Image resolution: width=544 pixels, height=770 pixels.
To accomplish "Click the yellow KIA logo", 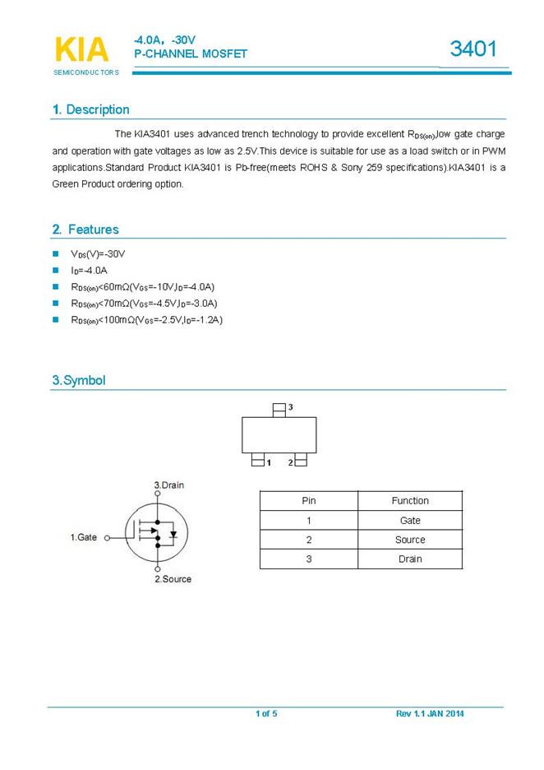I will click(x=81, y=49).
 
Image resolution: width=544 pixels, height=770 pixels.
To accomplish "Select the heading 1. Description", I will click(x=90, y=109).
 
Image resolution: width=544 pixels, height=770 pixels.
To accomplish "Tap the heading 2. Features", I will click(x=85, y=230).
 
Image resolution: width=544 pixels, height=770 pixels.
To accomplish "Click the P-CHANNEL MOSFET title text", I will click(x=190, y=53).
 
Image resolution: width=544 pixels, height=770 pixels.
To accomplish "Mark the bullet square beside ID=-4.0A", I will click(x=56, y=270).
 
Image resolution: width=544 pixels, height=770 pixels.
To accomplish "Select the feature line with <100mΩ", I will click(x=146, y=319).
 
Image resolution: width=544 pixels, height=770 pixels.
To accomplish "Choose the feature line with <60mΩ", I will click(x=142, y=286).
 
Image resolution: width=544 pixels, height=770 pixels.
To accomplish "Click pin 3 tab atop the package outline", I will click(x=279, y=407).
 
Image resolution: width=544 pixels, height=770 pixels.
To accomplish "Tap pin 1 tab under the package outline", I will click(x=258, y=462).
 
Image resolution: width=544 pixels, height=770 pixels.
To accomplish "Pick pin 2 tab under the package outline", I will click(x=300, y=462).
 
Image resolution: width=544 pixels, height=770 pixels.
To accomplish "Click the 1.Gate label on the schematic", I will click(x=83, y=537).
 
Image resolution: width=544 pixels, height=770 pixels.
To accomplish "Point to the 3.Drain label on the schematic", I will click(x=169, y=485).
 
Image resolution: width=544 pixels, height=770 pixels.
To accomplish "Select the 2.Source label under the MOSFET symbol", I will click(x=173, y=579).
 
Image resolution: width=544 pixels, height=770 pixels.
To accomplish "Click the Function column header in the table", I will click(x=410, y=500).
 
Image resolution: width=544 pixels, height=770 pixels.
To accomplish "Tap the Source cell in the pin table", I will click(x=410, y=540).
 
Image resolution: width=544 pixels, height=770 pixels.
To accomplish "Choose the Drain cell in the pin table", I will click(x=410, y=559).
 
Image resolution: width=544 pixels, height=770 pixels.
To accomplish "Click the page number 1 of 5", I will click(x=266, y=713).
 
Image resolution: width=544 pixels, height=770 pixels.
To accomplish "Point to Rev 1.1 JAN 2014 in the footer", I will click(x=430, y=713).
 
